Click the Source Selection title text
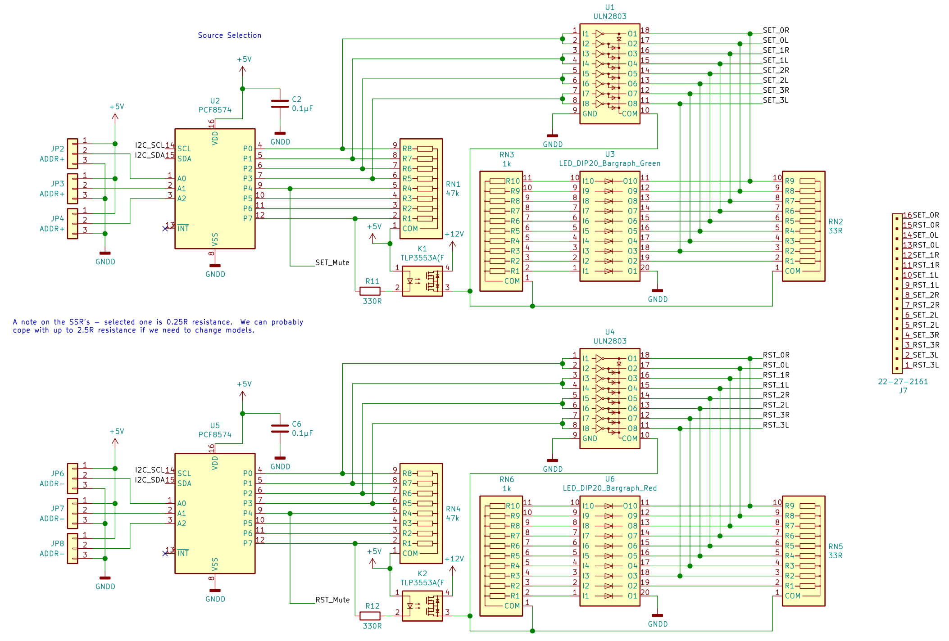tap(229, 35)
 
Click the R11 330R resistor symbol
tap(370, 291)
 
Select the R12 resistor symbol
tap(370, 616)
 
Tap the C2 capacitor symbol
tap(280, 104)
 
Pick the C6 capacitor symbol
tap(280, 429)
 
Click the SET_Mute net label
tap(332, 262)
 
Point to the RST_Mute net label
tap(332, 600)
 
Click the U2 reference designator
tap(215, 101)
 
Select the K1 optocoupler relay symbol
tap(422, 281)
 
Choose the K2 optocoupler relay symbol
tap(422, 606)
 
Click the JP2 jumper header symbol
tap(73, 153)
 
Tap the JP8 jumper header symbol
tap(73, 548)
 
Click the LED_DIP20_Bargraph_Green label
tap(610, 163)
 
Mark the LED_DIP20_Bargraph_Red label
tap(610, 488)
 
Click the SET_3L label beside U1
tap(776, 100)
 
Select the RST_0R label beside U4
tap(776, 355)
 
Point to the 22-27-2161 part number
tap(903, 382)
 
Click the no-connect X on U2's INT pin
tap(165, 229)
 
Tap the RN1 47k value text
tap(452, 193)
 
